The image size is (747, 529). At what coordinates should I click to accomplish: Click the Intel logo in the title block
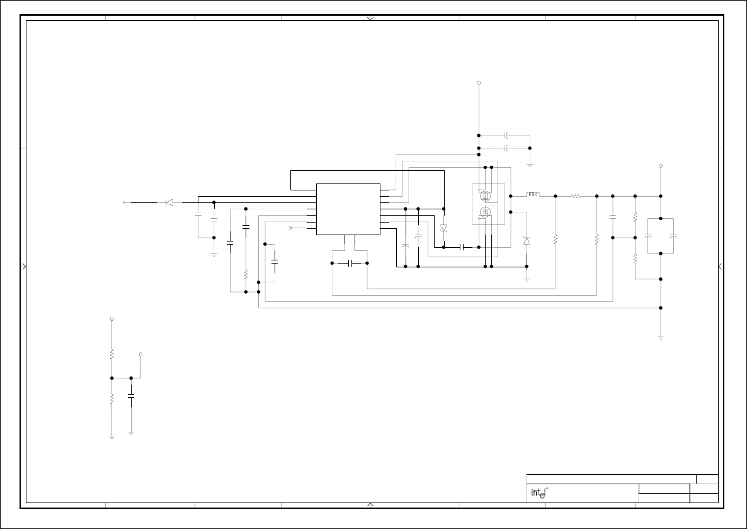pyautogui.click(x=537, y=493)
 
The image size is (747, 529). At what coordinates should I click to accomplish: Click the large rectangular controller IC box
pyautogui.click(x=348, y=209)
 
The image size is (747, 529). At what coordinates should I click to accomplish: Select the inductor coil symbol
pyautogui.click(x=533, y=195)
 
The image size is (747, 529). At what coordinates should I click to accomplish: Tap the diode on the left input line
pyautogui.click(x=168, y=202)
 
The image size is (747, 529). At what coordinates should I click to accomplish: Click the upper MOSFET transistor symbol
pyautogui.click(x=485, y=193)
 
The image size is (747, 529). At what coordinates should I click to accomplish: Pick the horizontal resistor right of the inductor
pyautogui.click(x=576, y=196)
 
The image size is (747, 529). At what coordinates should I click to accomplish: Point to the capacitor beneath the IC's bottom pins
pyautogui.click(x=350, y=262)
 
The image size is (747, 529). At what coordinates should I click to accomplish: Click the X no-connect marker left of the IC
pyautogui.click(x=290, y=228)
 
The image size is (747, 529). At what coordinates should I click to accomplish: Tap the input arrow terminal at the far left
pyautogui.click(x=124, y=202)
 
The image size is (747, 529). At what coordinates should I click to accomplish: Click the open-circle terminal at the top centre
pyautogui.click(x=479, y=83)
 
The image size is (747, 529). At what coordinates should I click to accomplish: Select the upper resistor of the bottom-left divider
pyautogui.click(x=111, y=354)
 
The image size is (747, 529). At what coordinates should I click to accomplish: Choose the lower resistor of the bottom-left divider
pyautogui.click(x=111, y=398)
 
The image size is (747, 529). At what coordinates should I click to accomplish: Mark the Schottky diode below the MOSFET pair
pyautogui.click(x=527, y=241)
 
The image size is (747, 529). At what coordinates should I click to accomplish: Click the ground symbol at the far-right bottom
pyautogui.click(x=661, y=338)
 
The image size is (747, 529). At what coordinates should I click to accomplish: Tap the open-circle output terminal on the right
pyautogui.click(x=661, y=166)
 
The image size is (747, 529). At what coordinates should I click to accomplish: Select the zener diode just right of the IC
pyautogui.click(x=443, y=228)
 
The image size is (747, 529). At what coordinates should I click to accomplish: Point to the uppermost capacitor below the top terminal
pyautogui.click(x=506, y=135)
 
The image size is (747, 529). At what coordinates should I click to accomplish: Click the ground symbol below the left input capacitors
pyautogui.click(x=214, y=254)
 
